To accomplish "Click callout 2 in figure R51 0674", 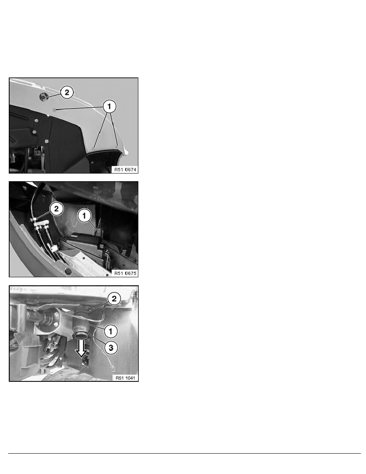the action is click(67, 92).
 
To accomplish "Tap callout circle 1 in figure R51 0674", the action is click(109, 106).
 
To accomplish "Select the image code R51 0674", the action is click(125, 170).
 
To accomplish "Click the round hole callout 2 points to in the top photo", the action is click(44, 97).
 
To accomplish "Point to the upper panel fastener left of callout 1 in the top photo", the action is click(54, 110).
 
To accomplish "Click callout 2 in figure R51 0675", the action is click(57, 209).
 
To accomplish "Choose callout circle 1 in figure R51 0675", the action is click(84, 216).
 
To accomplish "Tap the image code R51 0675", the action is click(125, 273).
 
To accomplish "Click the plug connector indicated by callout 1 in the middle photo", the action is click(98, 232).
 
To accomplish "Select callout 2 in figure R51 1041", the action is click(114, 299).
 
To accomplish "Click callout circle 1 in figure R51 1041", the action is click(110, 331).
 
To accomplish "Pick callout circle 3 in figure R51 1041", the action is click(111, 348).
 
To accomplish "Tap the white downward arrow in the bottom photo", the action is click(81, 349).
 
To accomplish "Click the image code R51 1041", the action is click(126, 378).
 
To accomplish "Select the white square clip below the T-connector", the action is click(54, 249).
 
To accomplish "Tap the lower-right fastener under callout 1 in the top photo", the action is click(117, 147).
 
